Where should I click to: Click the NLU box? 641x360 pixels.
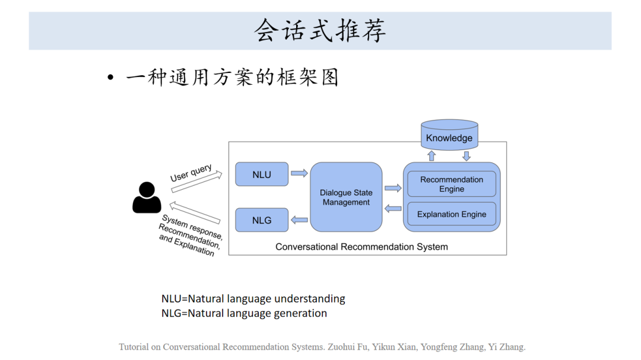(x=262, y=174)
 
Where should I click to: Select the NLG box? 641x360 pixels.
(x=262, y=220)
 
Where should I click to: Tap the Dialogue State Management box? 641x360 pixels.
(x=346, y=197)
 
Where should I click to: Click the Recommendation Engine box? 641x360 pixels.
(x=452, y=184)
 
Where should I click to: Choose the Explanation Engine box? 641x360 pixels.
(x=452, y=214)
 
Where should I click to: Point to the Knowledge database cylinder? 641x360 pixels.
(x=449, y=136)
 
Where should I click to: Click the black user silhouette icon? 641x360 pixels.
(x=147, y=198)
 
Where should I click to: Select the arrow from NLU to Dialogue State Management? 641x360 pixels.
(x=299, y=174)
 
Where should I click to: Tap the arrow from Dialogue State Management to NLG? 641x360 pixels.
(x=299, y=220)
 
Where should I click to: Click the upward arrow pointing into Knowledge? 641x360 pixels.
(x=432, y=156)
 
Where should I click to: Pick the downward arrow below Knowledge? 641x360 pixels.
(x=467, y=156)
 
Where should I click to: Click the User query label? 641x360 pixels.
(x=191, y=173)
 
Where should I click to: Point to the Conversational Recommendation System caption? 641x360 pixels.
(x=361, y=247)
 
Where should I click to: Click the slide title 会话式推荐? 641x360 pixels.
(x=320, y=31)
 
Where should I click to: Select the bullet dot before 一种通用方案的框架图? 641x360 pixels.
(x=110, y=79)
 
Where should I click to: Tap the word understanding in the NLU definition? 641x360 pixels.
(x=309, y=299)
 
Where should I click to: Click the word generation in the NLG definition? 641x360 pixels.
(x=300, y=313)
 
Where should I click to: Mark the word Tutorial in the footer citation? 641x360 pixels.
(x=134, y=347)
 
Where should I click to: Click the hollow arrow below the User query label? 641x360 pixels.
(x=197, y=182)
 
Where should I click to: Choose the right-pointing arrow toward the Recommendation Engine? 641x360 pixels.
(x=393, y=188)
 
